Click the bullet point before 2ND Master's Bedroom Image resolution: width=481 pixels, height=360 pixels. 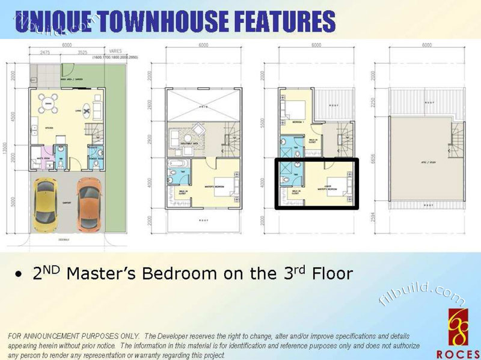(x=20, y=273)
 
